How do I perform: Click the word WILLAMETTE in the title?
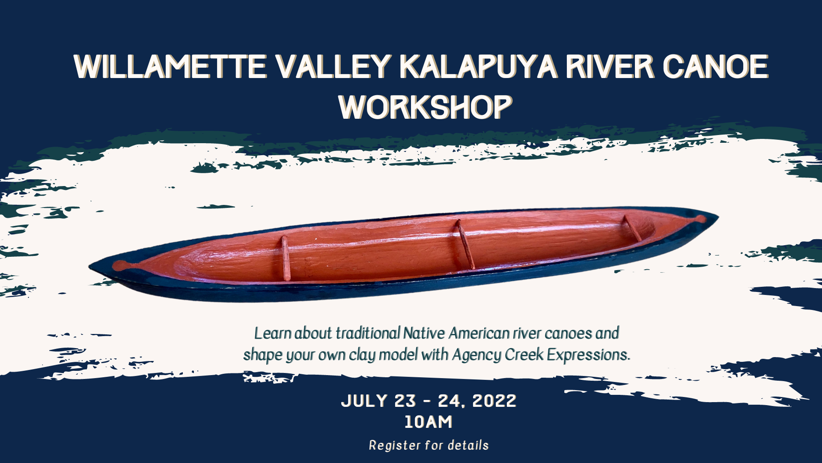click(170, 67)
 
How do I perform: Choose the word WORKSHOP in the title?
click(426, 107)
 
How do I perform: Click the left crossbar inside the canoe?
click(286, 258)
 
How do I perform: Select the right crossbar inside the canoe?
click(632, 228)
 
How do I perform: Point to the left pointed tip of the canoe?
click(89, 267)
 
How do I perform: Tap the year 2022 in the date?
click(494, 401)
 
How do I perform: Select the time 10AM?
click(429, 422)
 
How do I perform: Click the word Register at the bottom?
click(394, 445)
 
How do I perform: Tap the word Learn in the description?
click(273, 333)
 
